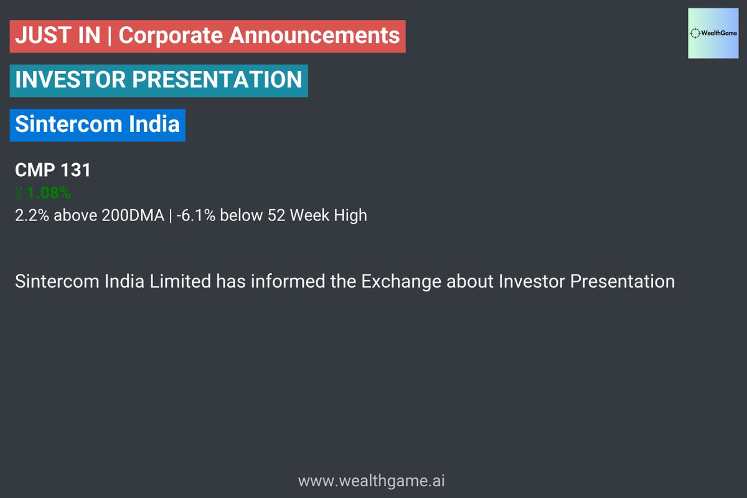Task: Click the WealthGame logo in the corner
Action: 712,34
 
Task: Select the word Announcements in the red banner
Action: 314,35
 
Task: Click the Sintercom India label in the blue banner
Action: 97,124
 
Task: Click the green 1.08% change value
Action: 48,193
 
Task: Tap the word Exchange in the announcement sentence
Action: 402,281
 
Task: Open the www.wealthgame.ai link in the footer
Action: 372,481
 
